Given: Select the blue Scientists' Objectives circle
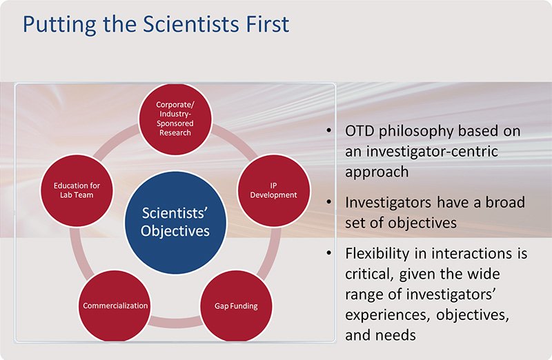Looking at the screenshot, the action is pyautogui.click(x=175, y=222).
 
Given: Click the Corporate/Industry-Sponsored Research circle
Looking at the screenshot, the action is pyautogui.click(x=175, y=119).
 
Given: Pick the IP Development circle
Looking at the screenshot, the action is pyautogui.click(x=273, y=190).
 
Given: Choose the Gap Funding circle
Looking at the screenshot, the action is pyautogui.click(x=236, y=306).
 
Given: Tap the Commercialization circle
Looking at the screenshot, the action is pyautogui.click(x=115, y=306).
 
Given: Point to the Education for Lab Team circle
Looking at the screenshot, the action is pyautogui.click(x=77, y=190).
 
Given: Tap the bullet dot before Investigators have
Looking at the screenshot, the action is pyautogui.click(x=329, y=202).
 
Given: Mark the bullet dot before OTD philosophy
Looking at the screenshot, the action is pyautogui.click(x=329, y=130).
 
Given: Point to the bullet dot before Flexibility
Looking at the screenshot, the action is pyautogui.click(x=329, y=253).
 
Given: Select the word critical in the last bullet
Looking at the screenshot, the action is pyautogui.click(x=369, y=274).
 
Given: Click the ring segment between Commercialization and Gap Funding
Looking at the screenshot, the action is pyautogui.click(x=175, y=321).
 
